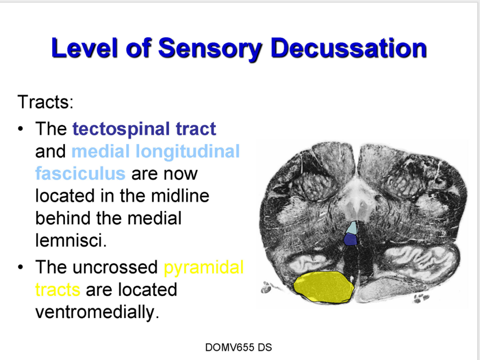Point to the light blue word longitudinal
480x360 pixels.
coord(187,151)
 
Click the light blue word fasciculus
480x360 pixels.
coord(80,173)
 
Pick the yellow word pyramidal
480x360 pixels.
coord(203,267)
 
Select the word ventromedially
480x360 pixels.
coord(97,312)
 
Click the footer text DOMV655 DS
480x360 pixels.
coord(239,347)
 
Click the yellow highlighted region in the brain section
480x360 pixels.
coord(323,287)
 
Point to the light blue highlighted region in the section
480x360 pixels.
coord(353,228)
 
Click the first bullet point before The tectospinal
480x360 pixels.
coord(20,129)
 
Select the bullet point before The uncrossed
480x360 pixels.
coord(20,267)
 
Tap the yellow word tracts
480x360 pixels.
coord(58,289)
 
